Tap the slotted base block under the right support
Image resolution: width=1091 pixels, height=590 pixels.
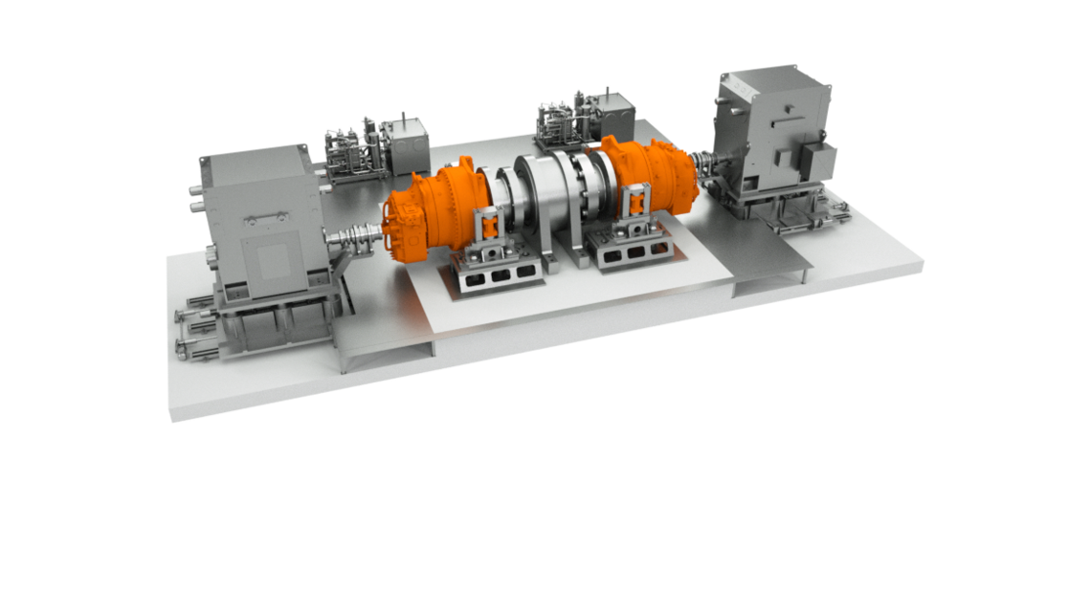click(x=632, y=253)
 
